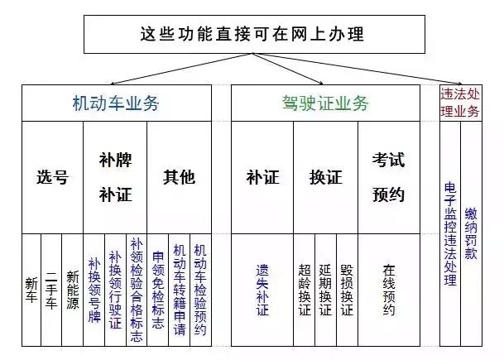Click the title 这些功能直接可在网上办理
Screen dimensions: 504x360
pos(252,34)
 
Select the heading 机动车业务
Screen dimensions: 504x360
pos(116,103)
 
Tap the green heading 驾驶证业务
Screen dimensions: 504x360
pos(325,103)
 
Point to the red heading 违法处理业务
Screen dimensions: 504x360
pos(460,103)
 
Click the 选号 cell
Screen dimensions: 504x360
pos(52,177)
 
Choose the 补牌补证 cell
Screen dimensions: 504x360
pos(115,177)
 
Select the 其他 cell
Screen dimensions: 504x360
pos(179,177)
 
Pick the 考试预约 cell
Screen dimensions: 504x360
pos(389,177)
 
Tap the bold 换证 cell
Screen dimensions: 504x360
pos(325,177)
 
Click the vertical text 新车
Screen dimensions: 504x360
pos(31,290)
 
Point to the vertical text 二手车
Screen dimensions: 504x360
pos(51,290)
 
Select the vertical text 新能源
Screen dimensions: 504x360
pos(73,290)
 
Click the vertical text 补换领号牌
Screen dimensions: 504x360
pos(94,290)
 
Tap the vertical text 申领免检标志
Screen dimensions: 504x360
pos(158,290)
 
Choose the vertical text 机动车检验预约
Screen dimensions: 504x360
pos(200,290)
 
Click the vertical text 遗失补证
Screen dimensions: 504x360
pos(262,290)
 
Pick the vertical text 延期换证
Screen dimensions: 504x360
pos(325,290)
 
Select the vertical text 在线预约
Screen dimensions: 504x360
pos(389,290)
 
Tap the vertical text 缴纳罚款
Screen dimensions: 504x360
pos(471,233)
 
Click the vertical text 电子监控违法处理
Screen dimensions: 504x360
pos(450,233)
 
